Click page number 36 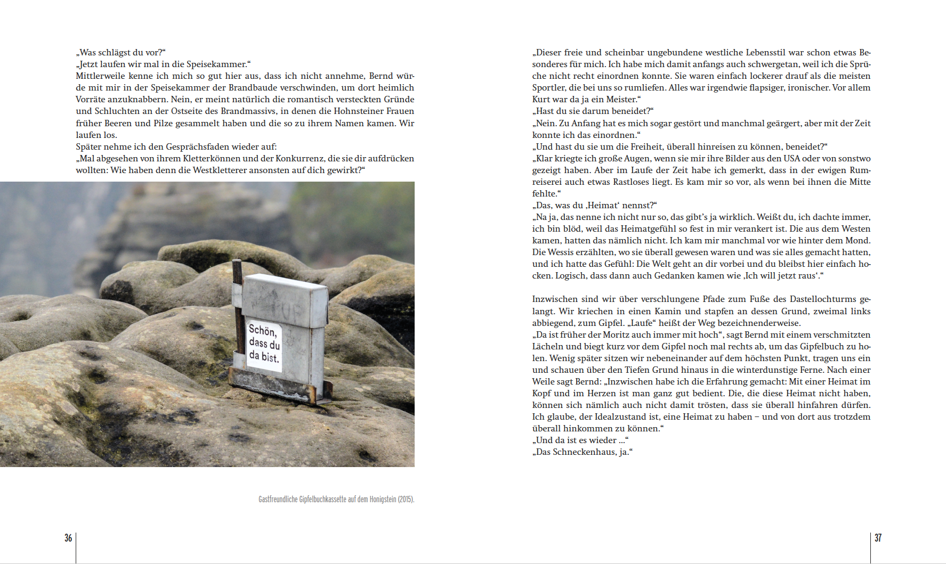[68, 538]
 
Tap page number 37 [878, 538]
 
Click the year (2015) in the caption [406, 500]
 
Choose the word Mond [858, 240]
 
